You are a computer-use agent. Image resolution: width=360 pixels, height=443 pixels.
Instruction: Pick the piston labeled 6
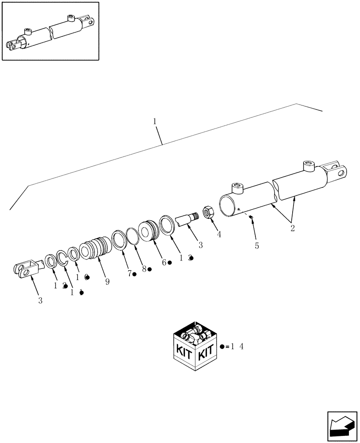pyautogui.click(x=148, y=231)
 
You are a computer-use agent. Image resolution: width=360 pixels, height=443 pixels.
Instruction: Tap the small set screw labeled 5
pyautogui.click(x=251, y=217)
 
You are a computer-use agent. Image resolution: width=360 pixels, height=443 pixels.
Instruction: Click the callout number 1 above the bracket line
pyautogui.click(x=155, y=121)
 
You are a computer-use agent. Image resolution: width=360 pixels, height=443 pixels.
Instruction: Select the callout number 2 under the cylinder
pyautogui.click(x=293, y=229)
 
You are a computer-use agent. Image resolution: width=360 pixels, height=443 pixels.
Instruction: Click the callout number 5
pyautogui.click(x=257, y=246)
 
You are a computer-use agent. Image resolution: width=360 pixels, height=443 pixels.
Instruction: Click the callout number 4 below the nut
pyautogui.click(x=219, y=233)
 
